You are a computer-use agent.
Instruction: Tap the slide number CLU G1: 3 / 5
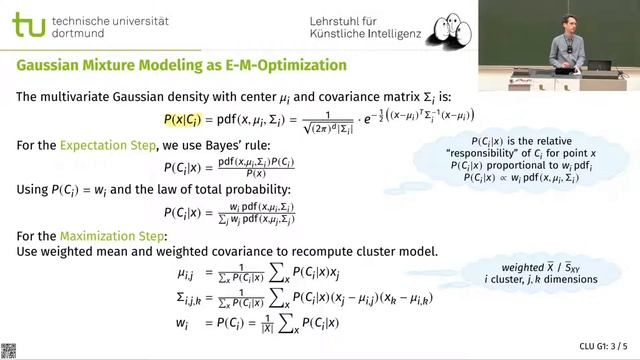[604, 346]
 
